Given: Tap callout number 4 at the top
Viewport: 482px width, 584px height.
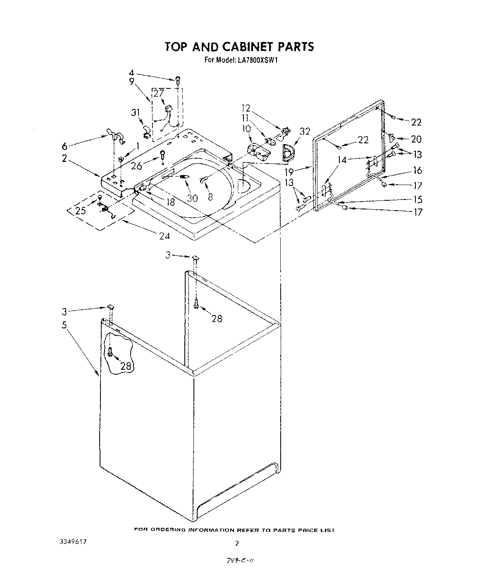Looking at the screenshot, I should click(x=131, y=75).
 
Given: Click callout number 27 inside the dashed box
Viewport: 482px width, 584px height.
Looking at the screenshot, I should click(x=159, y=93).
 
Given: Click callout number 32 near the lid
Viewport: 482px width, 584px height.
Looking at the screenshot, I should click(x=305, y=132).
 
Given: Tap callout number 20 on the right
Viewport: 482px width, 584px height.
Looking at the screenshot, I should click(x=416, y=139).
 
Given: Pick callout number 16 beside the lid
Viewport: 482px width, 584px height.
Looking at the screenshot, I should click(x=417, y=170).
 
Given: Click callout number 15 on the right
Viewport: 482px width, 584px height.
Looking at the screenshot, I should click(x=418, y=200).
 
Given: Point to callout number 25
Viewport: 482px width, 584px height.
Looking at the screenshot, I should click(x=81, y=211).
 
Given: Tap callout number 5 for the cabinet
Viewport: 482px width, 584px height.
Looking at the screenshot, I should click(x=64, y=325).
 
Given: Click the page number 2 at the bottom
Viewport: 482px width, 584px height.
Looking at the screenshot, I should click(x=237, y=543).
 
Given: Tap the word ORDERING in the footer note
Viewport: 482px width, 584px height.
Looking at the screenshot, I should click(x=169, y=529).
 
